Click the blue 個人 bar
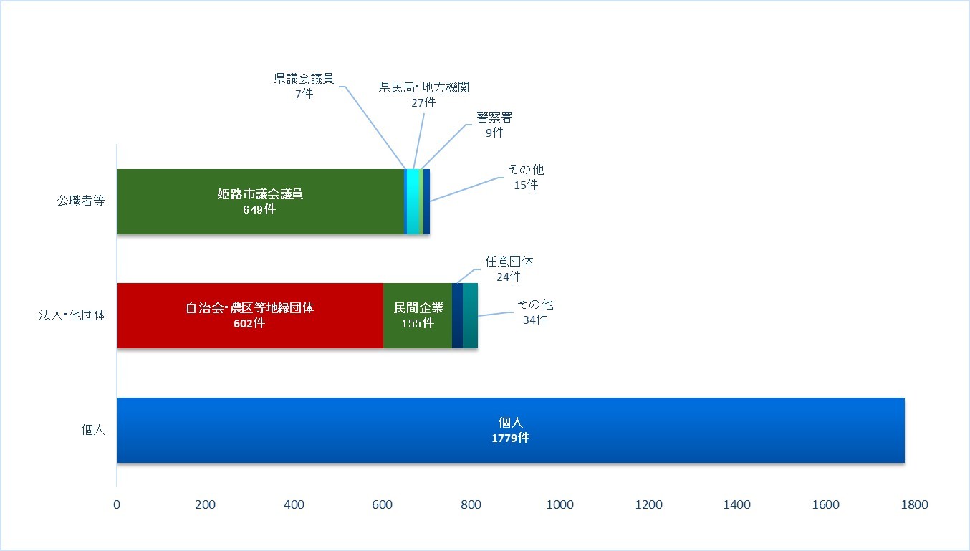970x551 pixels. [511, 430]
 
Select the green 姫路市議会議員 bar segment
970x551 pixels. [261, 201]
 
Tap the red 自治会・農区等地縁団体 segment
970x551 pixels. [250, 315]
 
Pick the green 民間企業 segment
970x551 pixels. [418, 315]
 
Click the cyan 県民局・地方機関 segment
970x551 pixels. [413, 201]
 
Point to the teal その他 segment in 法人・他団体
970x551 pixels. [470, 315]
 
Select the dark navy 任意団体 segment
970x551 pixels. [457, 315]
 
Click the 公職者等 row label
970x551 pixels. [81, 201]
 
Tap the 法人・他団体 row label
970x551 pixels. [72, 315]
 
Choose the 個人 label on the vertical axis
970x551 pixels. [93, 430]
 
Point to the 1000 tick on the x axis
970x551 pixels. [560, 504]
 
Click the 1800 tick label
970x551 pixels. [915, 504]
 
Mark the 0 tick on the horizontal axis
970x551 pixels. [117, 504]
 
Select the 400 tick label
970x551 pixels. [294, 504]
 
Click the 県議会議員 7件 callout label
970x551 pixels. [304, 86]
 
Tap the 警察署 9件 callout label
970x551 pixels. [494, 125]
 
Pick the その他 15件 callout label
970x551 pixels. [526, 177]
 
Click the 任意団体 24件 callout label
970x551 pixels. [509, 269]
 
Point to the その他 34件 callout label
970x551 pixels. [536, 312]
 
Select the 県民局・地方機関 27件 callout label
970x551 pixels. [424, 95]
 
